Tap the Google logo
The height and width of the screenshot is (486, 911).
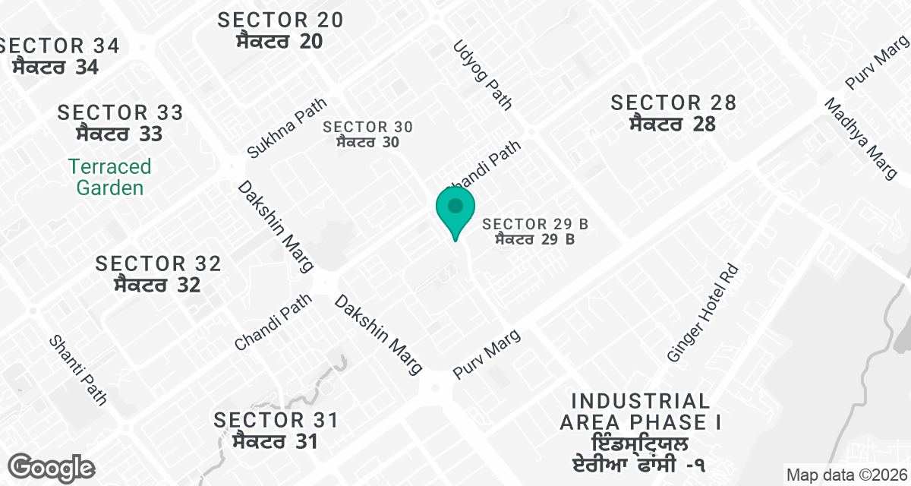(x=52, y=466)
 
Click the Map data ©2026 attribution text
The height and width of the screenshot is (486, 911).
(x=846, y=475)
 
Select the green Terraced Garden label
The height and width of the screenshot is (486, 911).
(x=109, y=177)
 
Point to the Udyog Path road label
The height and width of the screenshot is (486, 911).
(x=483, y=75)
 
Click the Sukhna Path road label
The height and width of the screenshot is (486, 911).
(x=286, y=128)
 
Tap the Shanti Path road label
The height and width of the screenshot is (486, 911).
(x=78, y=369)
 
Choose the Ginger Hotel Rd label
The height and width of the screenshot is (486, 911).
(x=702, y=312)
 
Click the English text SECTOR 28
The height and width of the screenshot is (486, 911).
(x=673, y=103)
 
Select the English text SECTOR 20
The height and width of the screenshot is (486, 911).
(x=280, y=20)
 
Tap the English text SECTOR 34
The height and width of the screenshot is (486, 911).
(x=61, y=46)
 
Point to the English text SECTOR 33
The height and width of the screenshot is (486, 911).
(x=121, y=113)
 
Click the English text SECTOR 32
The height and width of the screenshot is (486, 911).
(x=158, y=264)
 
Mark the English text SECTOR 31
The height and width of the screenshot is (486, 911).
(x=275, y=420)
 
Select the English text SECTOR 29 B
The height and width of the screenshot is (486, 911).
(x=535, y=224)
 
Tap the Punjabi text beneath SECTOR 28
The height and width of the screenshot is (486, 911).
(x=673, y=124)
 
